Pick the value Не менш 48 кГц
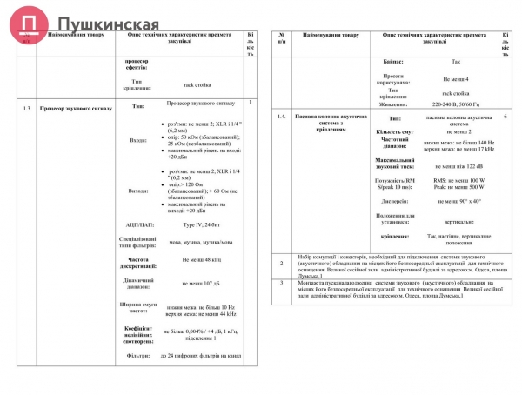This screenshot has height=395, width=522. coord(199,260)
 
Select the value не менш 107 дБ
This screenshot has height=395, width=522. coord(199,284)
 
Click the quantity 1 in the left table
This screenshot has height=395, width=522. coord(251,103)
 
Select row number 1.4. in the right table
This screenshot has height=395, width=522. coord(282,117)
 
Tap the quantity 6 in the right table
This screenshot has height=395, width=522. coord(505,116)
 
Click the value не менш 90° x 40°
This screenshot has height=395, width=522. coord(458,200)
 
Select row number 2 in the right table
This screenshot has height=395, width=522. coord(281,263)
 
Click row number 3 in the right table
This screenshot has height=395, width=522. coord(281,283)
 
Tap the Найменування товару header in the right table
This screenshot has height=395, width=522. coord(331,35)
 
